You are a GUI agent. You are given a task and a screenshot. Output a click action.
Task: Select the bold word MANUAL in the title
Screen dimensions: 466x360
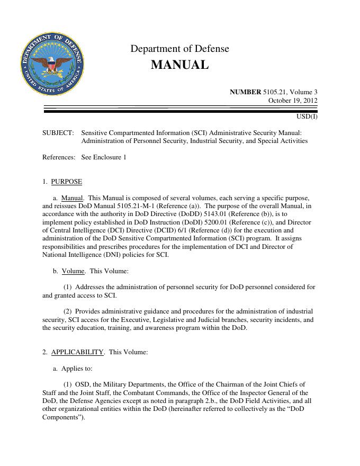point(179,65)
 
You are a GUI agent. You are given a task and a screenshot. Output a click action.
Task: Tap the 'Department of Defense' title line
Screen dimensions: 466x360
point(179,49)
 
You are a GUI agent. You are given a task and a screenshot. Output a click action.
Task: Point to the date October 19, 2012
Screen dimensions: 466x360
point(293,100)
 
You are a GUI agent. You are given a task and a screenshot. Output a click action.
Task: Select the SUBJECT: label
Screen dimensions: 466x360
point(58,133)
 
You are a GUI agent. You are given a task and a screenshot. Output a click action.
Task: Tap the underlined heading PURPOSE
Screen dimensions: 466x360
point(67,182)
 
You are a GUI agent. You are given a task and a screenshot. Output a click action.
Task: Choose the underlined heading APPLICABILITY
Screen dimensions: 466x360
point(77,352)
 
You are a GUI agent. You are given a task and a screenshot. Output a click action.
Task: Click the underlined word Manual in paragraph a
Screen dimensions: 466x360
point(73,198)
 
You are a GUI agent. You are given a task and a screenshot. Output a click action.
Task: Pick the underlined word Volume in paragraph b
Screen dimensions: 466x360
point(73,271)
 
